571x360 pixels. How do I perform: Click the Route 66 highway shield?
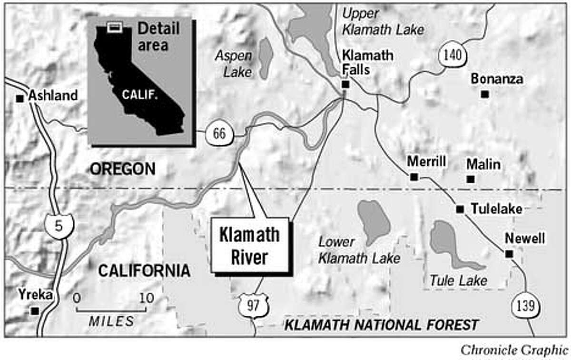click(x=219, y=135)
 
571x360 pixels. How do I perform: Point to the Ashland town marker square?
click(x=20, y=99)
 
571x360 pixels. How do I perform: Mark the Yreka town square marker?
click(x=34, y=311)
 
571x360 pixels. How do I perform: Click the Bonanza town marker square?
click(x=484, y=94)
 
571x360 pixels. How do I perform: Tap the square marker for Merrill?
click(x=414, y=177)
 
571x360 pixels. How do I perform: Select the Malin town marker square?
click(x=470, y=180)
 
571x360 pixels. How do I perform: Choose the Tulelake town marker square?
click(x=460, y=209)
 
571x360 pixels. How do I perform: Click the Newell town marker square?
click(x=509, y=254)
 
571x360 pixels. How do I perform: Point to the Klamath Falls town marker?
click(x=345, y=85)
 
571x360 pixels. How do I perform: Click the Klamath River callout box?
click(x=250, y=245)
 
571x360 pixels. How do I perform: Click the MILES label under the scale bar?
click(x=111, y=321)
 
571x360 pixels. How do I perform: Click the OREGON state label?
click(x=123, y=169)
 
